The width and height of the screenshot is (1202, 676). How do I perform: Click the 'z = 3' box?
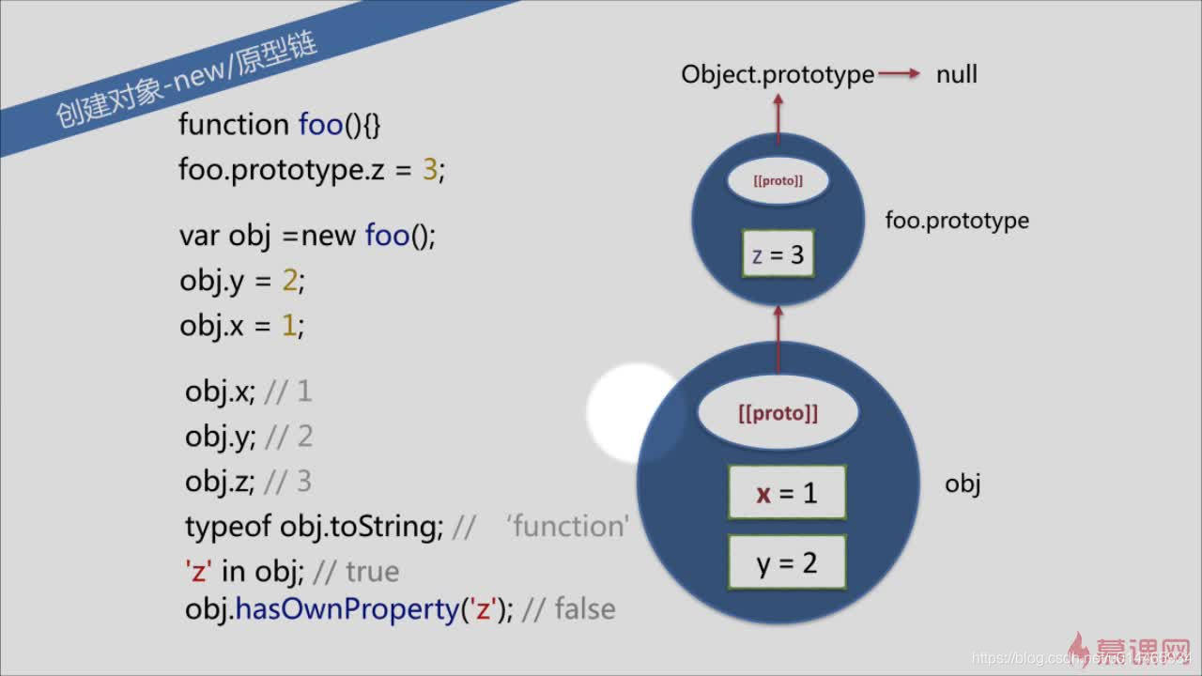click(x=778, y=254)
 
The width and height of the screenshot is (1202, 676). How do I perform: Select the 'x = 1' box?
click(x=787, y=493)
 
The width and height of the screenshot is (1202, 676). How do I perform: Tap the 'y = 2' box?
click(x=787, y=562)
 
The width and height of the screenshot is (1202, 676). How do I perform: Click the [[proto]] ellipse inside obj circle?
click(x=778, y=413)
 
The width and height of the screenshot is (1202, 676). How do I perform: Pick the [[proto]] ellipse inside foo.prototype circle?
click(x=778, y=181)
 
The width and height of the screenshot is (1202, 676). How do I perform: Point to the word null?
click(x=956, y=74)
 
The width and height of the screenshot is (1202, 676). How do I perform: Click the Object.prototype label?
click(x=778, y=74)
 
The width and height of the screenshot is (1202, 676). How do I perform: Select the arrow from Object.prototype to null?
click(x=901, y=74)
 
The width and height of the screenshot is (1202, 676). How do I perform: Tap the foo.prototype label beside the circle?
click(x=957, y=221)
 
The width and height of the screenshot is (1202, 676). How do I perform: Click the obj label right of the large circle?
click(x=963, y=484)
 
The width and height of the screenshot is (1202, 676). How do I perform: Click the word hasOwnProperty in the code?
click(x=347, y=609)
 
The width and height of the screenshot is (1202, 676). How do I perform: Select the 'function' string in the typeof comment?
click(x=567, y=526)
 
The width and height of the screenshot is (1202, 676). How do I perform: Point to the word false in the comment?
click(x=584, y=609)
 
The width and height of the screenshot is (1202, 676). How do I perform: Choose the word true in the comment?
click(x=372, y=571)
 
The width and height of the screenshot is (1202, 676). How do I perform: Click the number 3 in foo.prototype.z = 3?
click(x=430, y=170)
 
